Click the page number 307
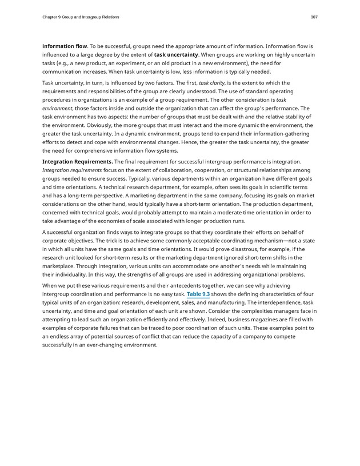coord(314,17)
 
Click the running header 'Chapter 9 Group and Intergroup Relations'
coord(81,17)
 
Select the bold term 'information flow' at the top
coord(64,45)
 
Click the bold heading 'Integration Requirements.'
coord(78,162)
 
